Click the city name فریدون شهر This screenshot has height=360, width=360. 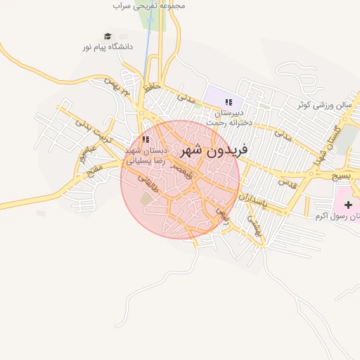click(214, 150)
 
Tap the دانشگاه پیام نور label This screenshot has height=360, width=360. click(108, 47)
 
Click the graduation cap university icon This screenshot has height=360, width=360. click(108, 36)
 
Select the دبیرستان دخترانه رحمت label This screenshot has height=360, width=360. click(229, 117)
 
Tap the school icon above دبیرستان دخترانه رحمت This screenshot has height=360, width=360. click(229, 103)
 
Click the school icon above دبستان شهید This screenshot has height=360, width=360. click(146, 140)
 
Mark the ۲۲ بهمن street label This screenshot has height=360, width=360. click(117, 90)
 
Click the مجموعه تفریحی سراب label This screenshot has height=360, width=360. click(148, 6)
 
